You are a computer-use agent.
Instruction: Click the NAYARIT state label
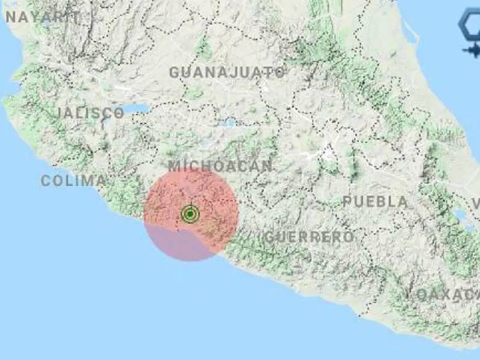pyautogui.click(x=42, y=17)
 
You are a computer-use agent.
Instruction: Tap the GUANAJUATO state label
pyautogui.click(x=227, y=73)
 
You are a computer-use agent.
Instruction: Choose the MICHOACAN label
pyautogui.click(x=220, y=166)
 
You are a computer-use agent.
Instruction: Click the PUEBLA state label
pyautogui.click(x=375, y=202)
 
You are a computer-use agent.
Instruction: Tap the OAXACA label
pyautogui.click(x=447, y=295)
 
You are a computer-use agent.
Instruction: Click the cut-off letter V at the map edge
pyautogui.click(x=475, y=204)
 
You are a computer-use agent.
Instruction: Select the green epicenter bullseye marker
pyautogui.click(x=190, y=214)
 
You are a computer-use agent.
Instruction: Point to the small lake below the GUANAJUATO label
pyautogui.click(x=229, y=123)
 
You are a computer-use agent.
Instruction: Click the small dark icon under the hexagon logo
pyautogui.click(x=472, y=51)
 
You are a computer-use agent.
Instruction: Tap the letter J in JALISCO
pyautogui.click(x=61, y=113)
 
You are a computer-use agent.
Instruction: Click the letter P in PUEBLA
pyautogui.click(x=347, y=202)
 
